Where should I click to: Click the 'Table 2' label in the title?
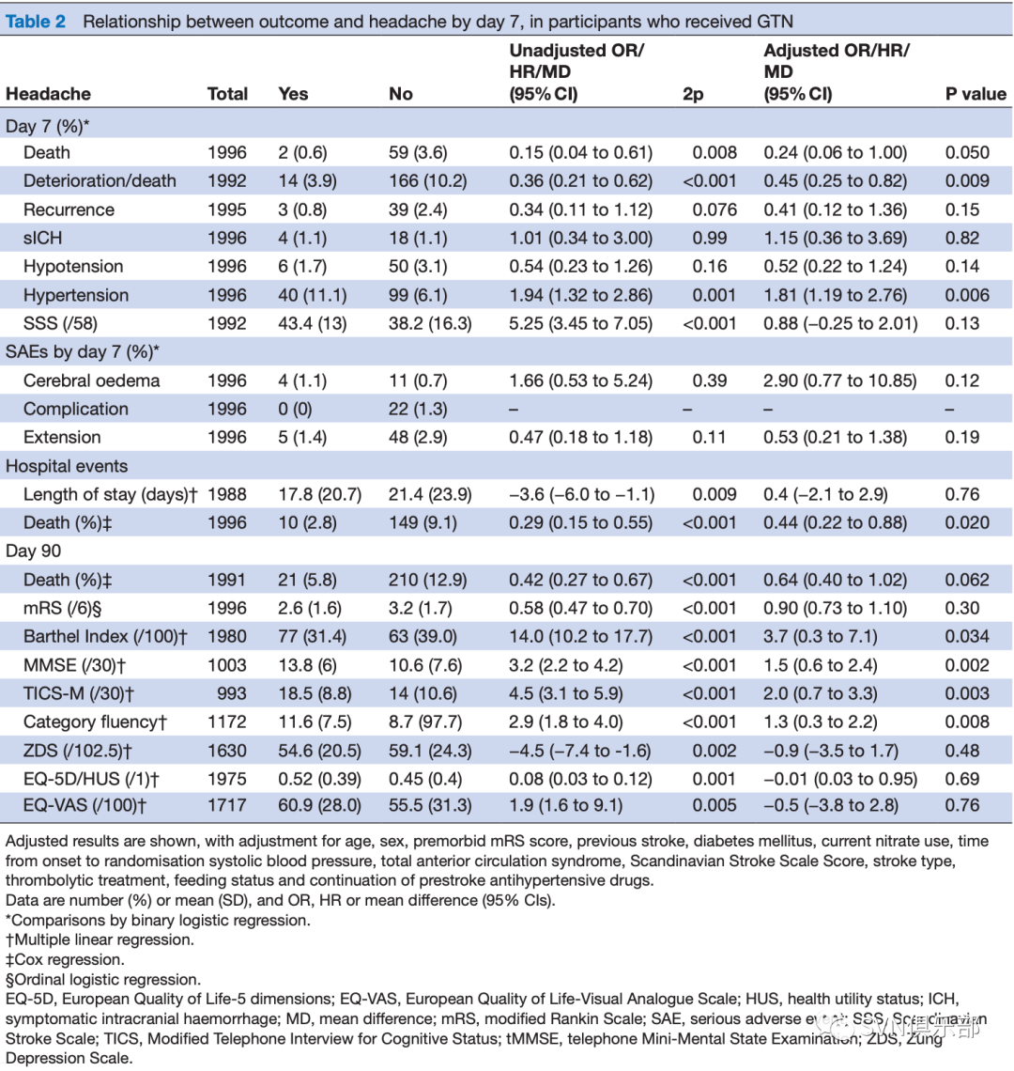tap(36, 22)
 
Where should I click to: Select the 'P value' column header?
tap(976, 94)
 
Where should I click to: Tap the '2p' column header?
tap(692, 94)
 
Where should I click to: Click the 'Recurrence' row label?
tap(69, 210)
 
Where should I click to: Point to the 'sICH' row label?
tap(42, 238)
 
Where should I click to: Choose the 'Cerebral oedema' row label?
tap(91, 380)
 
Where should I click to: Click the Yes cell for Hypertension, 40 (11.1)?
tap(312, 295)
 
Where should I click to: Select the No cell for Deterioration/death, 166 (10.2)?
tap(427, 181)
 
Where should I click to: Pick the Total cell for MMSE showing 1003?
tap(226, 665)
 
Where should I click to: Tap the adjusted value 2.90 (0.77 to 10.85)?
tap(840, 380)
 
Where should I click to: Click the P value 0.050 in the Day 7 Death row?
tap(967, 152)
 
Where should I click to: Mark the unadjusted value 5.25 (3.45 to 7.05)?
tap(580, 323)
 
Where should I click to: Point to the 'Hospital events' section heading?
tap(67, 466)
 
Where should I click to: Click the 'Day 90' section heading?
tap(33, 551)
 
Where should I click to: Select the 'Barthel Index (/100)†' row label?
tap(105, 637)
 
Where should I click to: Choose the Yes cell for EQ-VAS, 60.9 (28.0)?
tap(319, 805)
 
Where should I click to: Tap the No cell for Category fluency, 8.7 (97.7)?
tap(425, 722)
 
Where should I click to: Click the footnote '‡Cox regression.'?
tap(65, 959)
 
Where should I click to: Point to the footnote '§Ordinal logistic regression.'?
tap(103, 980)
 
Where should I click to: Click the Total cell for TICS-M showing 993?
tap(232, 693)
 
